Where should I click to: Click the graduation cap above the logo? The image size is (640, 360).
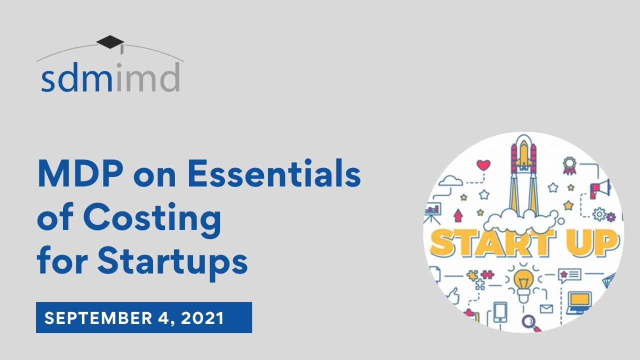[110, 42]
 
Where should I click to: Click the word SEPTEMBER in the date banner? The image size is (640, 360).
[96, 318]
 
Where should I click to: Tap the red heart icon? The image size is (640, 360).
[483, 164]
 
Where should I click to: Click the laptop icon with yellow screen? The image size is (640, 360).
[580, 301]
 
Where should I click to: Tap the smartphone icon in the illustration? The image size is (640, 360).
[500, 312]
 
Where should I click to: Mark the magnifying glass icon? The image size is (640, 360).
[529, 321]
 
